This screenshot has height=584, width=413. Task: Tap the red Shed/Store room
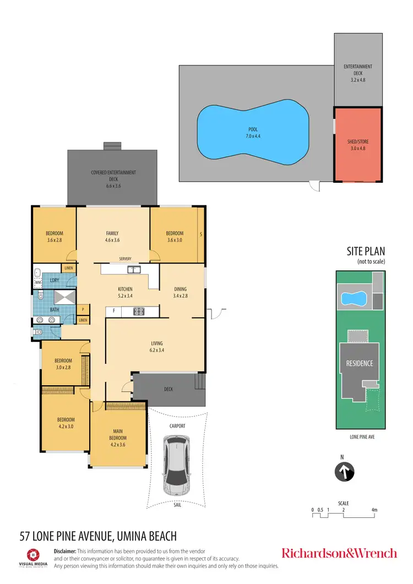coord(358,144)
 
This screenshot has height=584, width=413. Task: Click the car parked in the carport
coord(175,463)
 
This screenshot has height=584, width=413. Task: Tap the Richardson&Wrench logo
coord(339,553)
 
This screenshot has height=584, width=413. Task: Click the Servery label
coord(124,258)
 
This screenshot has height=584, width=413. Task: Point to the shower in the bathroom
coord(64,298)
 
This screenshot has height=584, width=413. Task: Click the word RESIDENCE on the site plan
coord(360,363)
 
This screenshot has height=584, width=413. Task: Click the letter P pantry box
coord(83,310)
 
